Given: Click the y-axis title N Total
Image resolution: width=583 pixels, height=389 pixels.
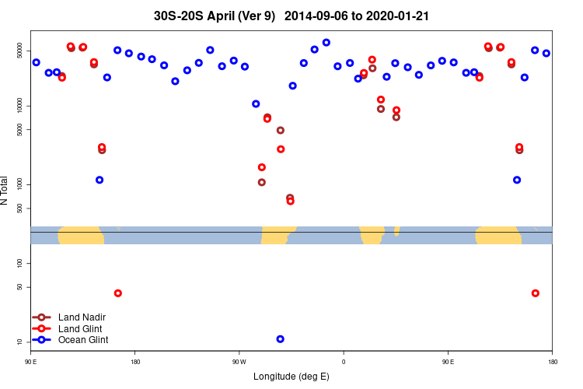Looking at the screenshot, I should [x=5, y=191].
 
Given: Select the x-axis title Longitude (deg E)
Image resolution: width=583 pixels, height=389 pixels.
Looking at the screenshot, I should [x=291, y=377].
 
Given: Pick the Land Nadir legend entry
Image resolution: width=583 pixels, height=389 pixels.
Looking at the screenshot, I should [x=82, y=317].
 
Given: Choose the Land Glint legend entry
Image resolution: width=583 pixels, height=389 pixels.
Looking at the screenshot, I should [x=81, y=328].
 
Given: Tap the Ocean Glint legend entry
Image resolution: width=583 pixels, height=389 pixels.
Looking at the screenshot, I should [x=83, y=340].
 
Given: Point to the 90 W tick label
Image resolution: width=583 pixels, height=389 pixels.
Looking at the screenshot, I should [x=239, y=361].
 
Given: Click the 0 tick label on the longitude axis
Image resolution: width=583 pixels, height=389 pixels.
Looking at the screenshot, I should [x=344, y=361].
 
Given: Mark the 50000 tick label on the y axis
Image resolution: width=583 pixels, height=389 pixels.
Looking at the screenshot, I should [x=23, y=51].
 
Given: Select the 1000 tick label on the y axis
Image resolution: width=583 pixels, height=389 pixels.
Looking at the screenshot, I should [x=23, y=184].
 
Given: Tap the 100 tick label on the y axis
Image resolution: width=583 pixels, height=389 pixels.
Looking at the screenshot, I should [x=23, y=264].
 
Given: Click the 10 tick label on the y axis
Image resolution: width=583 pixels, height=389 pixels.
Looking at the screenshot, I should [x=23, y=342].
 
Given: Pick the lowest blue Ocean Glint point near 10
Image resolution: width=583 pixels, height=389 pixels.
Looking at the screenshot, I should [x=280, y=339].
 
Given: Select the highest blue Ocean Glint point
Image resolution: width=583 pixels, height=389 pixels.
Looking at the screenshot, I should [x=326, y=43].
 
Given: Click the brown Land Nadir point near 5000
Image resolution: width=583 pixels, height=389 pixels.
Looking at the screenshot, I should [x=280, y=130].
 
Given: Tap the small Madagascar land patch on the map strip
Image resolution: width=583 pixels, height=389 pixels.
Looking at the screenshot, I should [x=396, y=230].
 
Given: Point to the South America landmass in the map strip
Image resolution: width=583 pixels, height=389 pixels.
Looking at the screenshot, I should [x=278, y=234].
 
